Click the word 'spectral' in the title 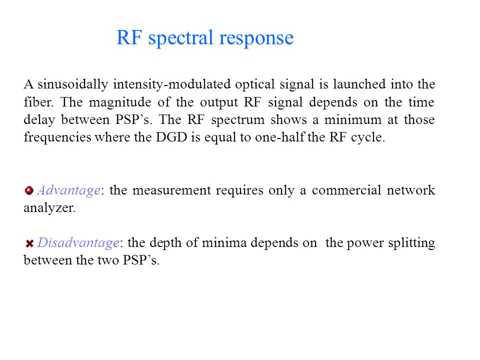(x=181, y=38)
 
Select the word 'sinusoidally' (x=73, y=84)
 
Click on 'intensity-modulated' (x=171, y=84)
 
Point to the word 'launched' (x=359, y=83)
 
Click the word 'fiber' (x=38, y=101)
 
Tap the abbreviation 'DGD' (x=171, y=137)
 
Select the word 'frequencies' (x=57, y=137)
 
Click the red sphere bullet (x=29, y=190)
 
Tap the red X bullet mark (x=29, y=243)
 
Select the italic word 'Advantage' (x=68, y=190)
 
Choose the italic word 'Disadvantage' (x=78, y=243)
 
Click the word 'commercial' (x=346, y=190)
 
